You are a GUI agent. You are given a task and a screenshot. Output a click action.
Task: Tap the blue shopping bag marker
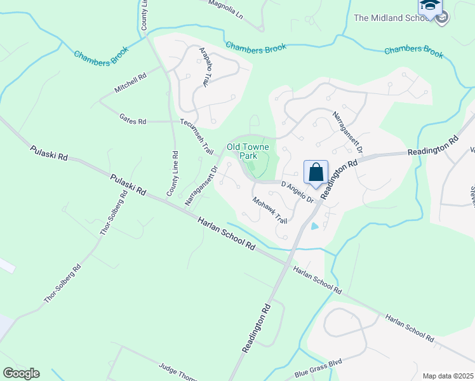point(316,172)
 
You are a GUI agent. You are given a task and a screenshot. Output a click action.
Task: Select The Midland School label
point(392,18)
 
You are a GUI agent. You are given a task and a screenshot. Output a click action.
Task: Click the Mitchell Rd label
point(130,83)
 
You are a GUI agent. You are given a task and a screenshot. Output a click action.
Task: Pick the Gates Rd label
point(133,119)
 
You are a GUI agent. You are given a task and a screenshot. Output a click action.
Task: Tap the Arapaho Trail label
point(204,66)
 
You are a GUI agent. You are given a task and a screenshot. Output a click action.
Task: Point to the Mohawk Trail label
point(270,211)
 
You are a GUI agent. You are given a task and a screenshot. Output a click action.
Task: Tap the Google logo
point(21,373)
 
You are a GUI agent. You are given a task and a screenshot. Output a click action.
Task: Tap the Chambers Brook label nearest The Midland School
point(413,51)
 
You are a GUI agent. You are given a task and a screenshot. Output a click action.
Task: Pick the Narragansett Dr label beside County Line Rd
point(201,185)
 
